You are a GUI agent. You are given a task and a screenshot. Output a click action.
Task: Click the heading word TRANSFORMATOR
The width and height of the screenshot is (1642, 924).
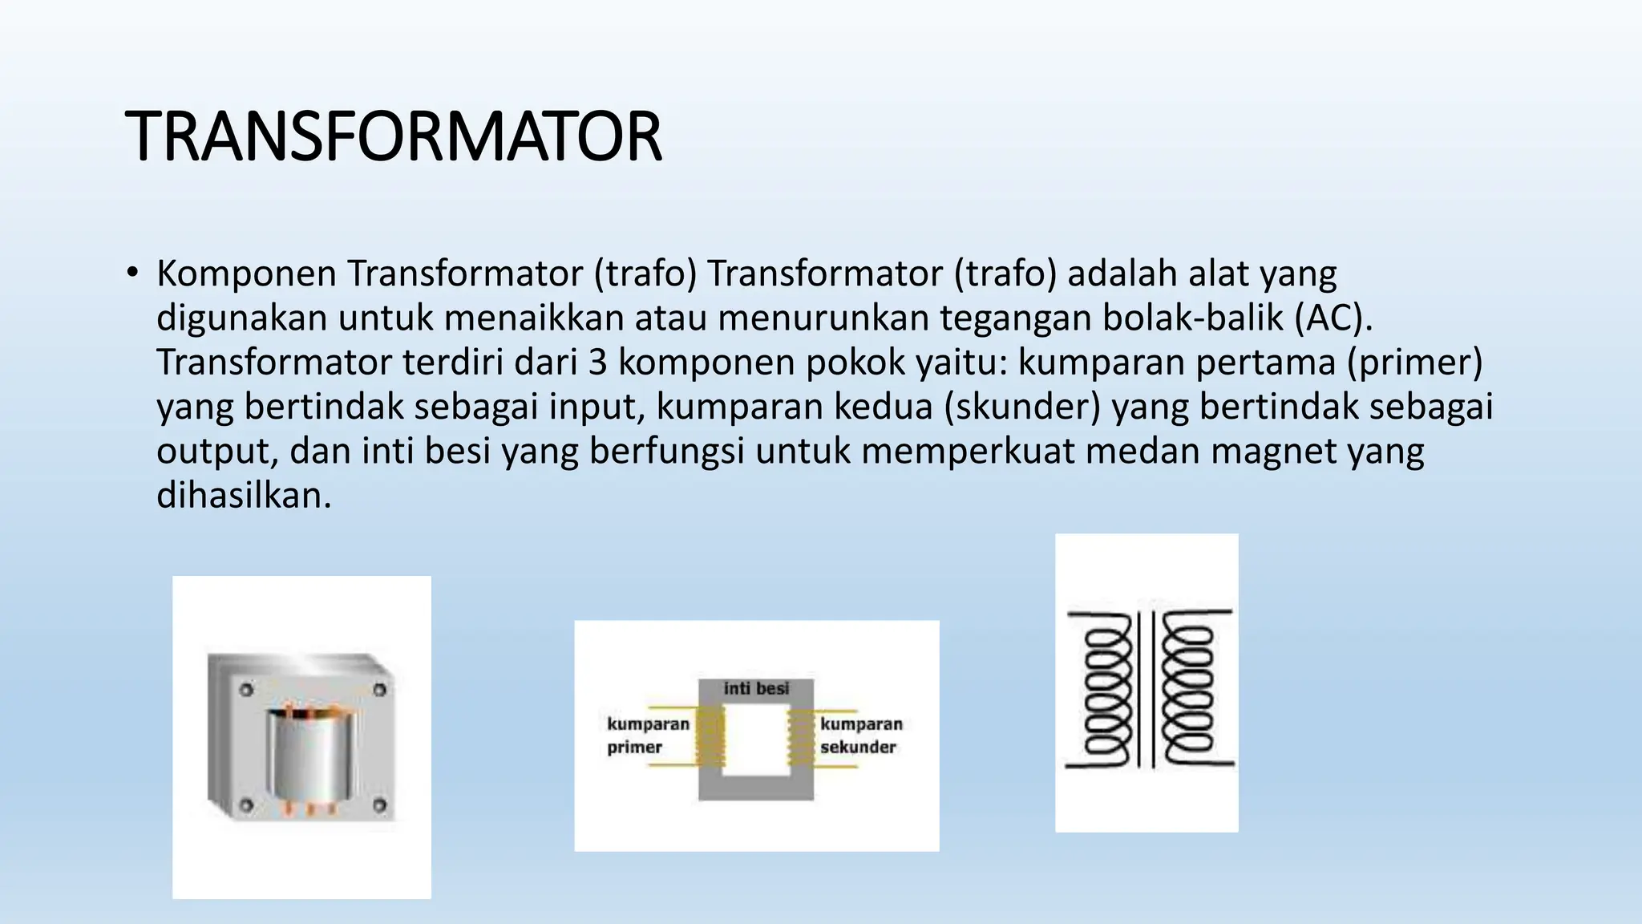coord(393,136)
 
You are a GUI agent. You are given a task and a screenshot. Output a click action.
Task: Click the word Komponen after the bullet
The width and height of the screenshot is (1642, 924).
coord(246,274)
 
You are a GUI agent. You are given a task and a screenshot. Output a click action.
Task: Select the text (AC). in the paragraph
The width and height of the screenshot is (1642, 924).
coord(1333,318)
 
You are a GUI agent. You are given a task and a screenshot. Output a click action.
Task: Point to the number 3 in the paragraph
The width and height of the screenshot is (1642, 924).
coord(598,363)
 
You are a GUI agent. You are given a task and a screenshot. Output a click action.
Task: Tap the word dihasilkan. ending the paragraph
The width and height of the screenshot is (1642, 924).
coord(244,496)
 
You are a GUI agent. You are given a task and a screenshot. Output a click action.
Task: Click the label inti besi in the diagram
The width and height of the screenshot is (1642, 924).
coord(756,688)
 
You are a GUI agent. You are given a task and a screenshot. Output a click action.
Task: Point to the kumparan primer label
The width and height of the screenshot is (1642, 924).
coord(647,736)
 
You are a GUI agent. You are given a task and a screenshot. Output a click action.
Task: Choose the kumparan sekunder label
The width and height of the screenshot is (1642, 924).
coord(860,736)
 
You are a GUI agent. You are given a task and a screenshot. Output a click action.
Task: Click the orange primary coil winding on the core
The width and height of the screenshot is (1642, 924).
coord(710,739)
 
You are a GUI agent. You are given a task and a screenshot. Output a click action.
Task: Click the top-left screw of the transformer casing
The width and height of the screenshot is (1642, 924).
coord(246,690)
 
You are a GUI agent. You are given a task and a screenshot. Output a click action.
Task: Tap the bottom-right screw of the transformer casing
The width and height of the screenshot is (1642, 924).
coord(379,805)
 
